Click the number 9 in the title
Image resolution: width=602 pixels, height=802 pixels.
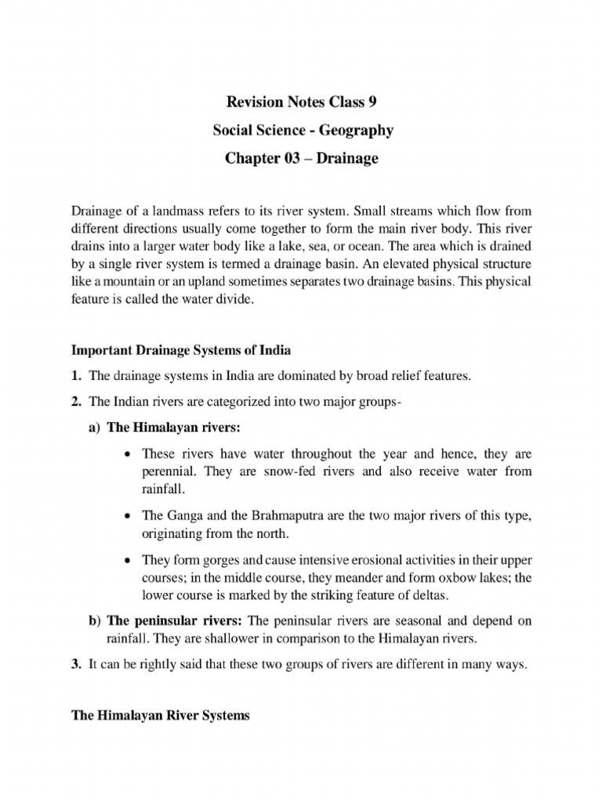tap(372, 102)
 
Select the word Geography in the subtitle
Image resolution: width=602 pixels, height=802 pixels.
tap(354, 130)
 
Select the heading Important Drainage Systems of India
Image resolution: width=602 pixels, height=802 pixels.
tap(181, 349)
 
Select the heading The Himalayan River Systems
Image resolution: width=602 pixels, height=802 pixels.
tap(161, 716)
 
